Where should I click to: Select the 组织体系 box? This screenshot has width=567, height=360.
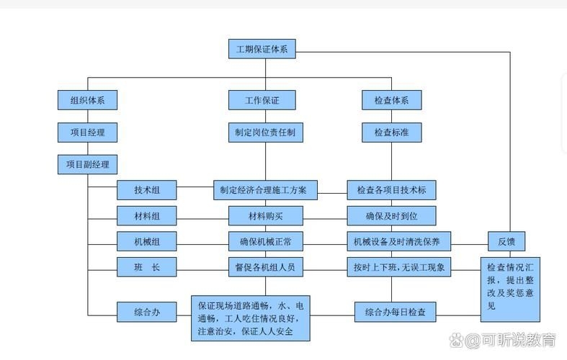tap(87, 100)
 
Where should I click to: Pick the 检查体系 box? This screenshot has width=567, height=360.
tap(391, 100)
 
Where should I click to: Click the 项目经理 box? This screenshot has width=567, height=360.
tap(87, 132)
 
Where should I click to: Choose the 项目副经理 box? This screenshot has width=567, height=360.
tap(87, 164)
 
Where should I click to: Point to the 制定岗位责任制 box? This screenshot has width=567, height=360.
tap(265, 132)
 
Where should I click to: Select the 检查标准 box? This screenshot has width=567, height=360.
tap(391, 132)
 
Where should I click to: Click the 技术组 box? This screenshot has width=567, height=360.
tap(147, 190)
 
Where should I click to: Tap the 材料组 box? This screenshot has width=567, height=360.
tap(147, 215)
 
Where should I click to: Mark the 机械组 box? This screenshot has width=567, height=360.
tap(147, 240)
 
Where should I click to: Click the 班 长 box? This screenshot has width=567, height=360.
tap(147, 267)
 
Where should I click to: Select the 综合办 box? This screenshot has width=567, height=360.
tap(147, 312)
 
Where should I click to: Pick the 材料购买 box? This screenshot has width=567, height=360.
tap(265, 215)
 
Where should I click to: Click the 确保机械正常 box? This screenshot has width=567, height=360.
tap(265, 240)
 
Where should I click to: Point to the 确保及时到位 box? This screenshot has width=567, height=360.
tap(391, 215)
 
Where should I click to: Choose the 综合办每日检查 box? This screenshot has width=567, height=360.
tap(396, 312)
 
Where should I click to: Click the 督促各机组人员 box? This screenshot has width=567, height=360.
tap(265, 267)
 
